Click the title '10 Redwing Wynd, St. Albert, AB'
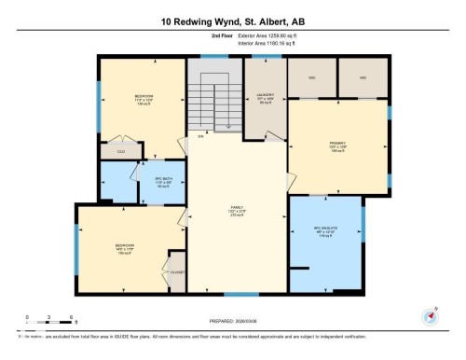[232, 21]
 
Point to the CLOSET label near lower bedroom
[178, 272]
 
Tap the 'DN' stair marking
[199, 137]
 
